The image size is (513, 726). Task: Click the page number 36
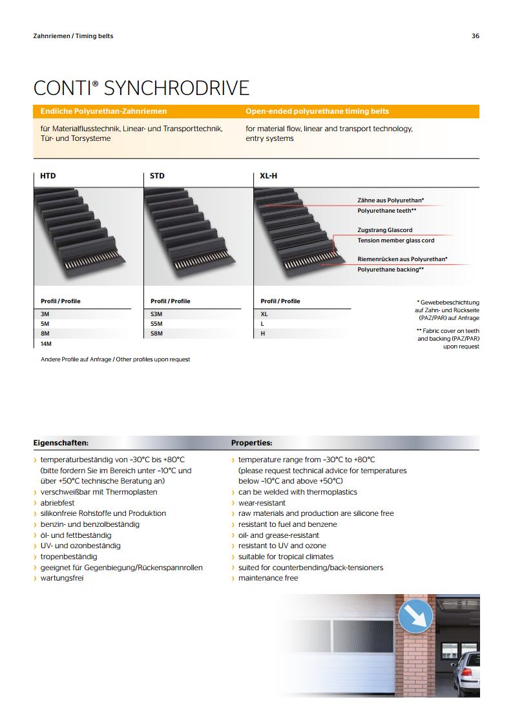point(476,36)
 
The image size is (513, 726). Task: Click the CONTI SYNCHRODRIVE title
point(141,89)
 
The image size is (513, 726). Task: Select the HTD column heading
point(48,176)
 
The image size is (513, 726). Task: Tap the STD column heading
point(157,176)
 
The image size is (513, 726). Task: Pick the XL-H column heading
point(269,176)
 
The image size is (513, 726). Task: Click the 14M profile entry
point(46,344)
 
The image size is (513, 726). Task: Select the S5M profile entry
point(156,323)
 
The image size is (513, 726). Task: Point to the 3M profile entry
point(45,313)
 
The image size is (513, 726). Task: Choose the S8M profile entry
point(156,334)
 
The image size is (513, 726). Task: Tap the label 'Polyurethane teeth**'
point(386,211)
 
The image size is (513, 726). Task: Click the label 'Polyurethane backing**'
point(390,269)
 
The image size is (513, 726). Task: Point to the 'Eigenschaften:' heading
point(61,443)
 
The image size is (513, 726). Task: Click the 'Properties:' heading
point(251,443)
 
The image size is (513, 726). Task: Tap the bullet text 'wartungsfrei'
point(62,578)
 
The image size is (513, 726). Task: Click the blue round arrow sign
point(415,618)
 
